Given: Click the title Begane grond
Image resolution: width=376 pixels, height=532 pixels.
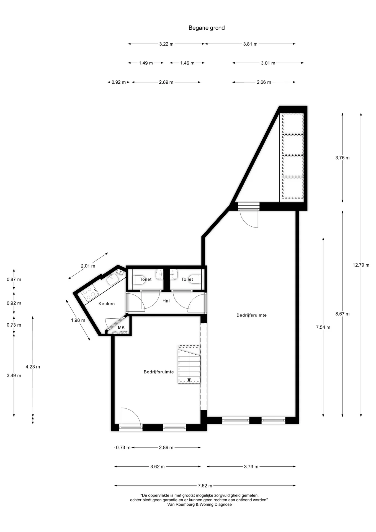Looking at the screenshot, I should click(x=207, y=28).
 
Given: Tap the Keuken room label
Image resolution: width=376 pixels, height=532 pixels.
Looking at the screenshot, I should click(x=107, y=304).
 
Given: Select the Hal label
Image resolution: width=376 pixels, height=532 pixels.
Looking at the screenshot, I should click(x=166, y=301).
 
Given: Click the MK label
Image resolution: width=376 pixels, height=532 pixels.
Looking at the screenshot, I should click(x=121, y=328).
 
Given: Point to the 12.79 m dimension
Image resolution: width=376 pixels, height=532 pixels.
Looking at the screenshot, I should click(x=361, y=265).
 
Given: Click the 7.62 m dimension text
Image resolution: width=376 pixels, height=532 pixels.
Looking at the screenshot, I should click(x=205, y=486).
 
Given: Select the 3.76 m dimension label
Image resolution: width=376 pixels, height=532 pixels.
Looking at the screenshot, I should click(x=342, y=158).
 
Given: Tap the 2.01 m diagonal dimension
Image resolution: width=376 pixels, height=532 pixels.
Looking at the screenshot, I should click(x=88, y=266).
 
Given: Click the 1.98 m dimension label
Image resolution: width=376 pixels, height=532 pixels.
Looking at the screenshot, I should click(x=78, y=320).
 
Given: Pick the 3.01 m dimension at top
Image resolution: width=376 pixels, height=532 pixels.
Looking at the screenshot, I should click(x=268, y=63).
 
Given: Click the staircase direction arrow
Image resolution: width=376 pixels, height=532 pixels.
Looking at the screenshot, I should click(x=189, y=380).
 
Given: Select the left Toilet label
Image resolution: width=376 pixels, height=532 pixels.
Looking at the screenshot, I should click(x=146, y=279).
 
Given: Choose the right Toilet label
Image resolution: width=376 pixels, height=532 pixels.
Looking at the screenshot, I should click(x=187, y=279).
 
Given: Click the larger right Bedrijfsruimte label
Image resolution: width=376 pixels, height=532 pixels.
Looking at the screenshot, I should click(x=251, y=315).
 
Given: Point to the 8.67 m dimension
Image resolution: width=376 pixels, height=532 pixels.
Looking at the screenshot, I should click(x=342, y=314).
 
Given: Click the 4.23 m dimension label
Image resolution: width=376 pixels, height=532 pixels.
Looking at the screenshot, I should click(x=33, y=367).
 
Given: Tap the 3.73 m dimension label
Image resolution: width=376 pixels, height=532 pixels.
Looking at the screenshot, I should click(x=251, y=467).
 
